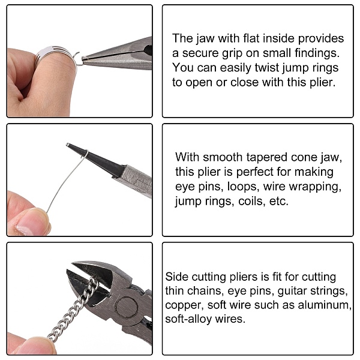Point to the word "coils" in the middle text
[x=252, y=201]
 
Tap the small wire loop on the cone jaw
[x=85, y=154]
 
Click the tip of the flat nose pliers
[x=83, y=58]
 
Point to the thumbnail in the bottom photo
[x=37, y=347]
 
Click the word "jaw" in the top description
[x=205, y=38]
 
